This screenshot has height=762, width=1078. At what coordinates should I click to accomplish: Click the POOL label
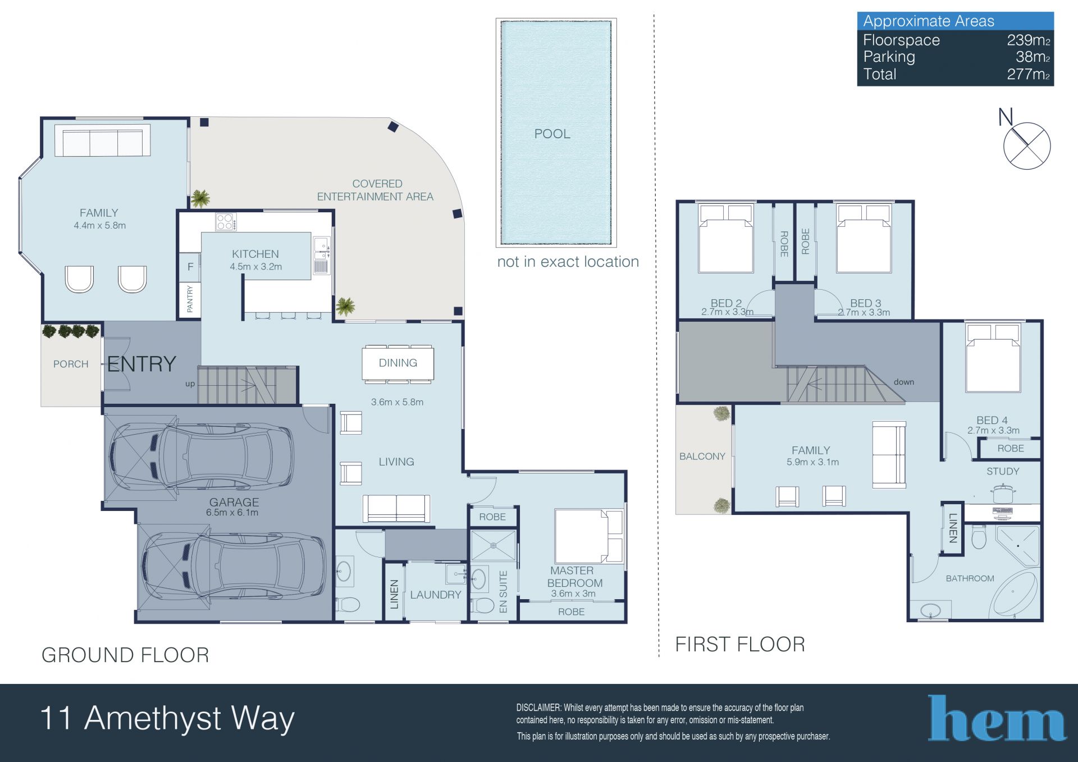tap(552, 134)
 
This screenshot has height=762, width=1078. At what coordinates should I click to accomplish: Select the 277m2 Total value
tap(1028, 74)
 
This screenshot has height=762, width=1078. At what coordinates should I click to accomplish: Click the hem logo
tap(997, 718)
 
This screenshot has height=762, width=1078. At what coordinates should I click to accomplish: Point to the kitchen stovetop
tap(226, 222)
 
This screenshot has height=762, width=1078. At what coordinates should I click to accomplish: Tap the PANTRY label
tap(190, 299)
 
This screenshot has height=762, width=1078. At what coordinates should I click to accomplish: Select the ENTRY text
tap(141, 364)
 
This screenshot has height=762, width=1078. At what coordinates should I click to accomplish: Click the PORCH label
tap(71, 364)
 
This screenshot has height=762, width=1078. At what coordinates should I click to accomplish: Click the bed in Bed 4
tap(993, 358)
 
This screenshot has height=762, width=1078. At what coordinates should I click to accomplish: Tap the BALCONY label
tap(702, 457)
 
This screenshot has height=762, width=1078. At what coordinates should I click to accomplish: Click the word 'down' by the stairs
tap(904, 382)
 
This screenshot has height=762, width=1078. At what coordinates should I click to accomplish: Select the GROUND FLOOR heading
tap(125, 655)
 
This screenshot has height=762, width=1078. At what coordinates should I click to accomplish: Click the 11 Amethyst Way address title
tap(167, 719)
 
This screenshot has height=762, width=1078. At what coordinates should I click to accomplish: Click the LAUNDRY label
tap(436, 595)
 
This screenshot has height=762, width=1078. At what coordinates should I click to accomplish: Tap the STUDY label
tap(1003, 472)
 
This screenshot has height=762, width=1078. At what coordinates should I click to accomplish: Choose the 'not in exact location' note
tap(568, 262)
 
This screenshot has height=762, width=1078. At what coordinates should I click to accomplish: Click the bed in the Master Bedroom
tap(589, 536)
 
